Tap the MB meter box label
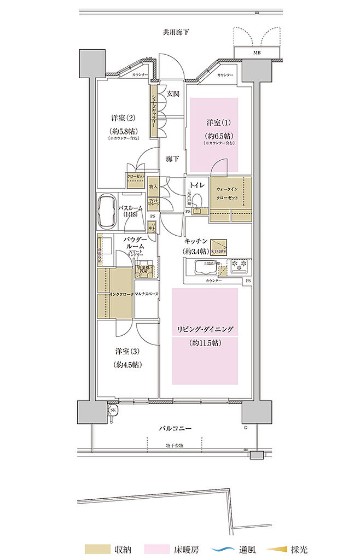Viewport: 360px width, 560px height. point(257,53)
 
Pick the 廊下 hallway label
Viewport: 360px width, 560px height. point(173,159)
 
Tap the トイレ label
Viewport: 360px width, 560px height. point(198,185)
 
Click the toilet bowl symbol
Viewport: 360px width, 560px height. point(200,200)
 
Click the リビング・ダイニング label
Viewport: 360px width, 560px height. point(205,329)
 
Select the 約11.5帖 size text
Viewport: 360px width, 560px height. point(205,343)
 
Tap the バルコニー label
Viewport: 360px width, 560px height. point(175,428)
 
